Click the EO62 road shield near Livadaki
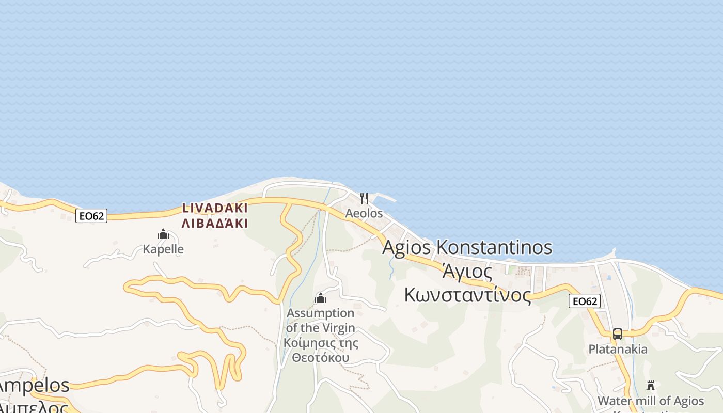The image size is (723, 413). tap(91, 216)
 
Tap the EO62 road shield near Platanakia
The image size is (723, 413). tap(585, 301)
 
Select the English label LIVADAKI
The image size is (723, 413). tap(215, 209)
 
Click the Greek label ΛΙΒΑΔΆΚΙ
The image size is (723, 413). tap(215, 224)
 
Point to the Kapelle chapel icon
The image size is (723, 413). tap(163, 234)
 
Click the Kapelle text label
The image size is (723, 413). tap(163, 249)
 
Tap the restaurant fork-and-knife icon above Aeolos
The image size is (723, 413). tap(364, 198)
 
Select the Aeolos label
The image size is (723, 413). tap(364, 213)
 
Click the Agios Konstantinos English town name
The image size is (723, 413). tap(467, 247)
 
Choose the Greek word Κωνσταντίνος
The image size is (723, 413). tap(467, 295)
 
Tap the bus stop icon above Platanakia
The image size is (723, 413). tap(618, 334)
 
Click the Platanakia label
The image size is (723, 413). tap(618, 350)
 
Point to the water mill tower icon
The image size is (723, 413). tap(651, 386)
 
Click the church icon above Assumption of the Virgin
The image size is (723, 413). tap(321, 298)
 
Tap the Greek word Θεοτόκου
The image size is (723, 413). tap(320, 358)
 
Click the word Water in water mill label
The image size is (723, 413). tap(614, 401)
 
